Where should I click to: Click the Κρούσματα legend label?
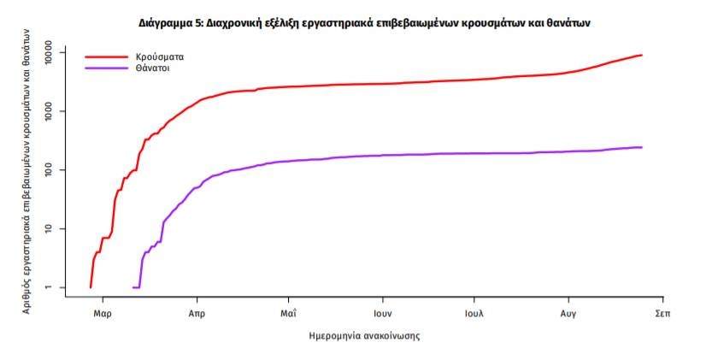(159, 56)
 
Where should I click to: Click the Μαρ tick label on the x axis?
(103, 314)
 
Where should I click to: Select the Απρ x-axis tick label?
(197, 314)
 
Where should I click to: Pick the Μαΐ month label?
(288, 314)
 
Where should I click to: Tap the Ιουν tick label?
(382, 314)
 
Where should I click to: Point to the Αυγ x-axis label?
(567, 314)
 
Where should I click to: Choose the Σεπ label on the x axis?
(661, 314)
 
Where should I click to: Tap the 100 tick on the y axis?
(50, 170)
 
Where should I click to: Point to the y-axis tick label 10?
(50, 228)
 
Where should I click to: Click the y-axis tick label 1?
(50, 286)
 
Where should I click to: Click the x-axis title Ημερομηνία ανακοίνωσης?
(364, 336)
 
